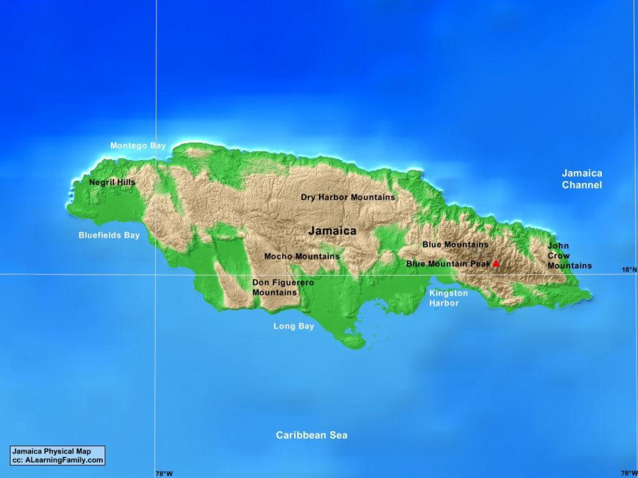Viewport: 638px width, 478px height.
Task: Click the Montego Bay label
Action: click(138, 146)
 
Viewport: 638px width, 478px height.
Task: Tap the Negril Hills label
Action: click(112, 182)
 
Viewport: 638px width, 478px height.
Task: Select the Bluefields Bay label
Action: click(109, 235)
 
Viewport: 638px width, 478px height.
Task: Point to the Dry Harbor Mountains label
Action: click(348, 197)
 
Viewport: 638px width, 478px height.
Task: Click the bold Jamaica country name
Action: click(332, 231)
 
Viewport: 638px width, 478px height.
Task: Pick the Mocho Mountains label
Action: click(301, 257)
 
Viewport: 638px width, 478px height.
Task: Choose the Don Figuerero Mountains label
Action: click(283, 287)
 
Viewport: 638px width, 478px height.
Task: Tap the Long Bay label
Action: click(293, 326)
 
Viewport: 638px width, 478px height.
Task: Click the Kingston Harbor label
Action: click(449, 298)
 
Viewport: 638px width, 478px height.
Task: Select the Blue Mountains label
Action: click(455, 245)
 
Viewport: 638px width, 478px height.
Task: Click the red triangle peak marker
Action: click(496, 263)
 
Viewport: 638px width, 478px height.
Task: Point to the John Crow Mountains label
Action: click(569, 255)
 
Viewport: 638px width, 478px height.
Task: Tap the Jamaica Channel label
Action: click(582, 179)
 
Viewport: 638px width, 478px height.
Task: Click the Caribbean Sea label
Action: click(312, 436)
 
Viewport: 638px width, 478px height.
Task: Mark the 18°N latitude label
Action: click(629, 270)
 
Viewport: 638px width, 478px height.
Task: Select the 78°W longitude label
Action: click(164, 473)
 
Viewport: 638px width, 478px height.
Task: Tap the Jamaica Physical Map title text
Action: click(52, 451)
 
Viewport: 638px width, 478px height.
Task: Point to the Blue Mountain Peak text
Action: click(448, 263)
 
